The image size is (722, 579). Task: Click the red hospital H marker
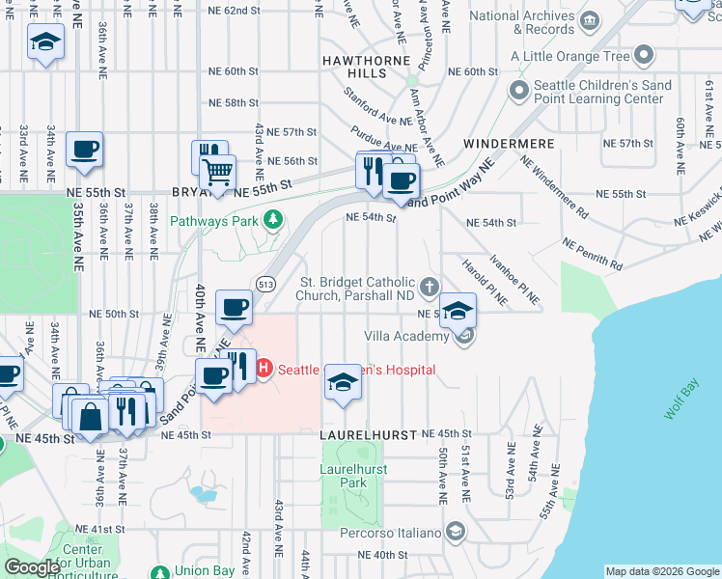[263, 369]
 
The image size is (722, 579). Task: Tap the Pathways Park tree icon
[274, 220]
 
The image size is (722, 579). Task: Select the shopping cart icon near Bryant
[217, 173]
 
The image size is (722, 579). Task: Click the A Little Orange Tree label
[577, 56]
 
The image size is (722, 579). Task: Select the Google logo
[32, 567]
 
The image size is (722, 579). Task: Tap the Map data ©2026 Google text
[661, 571]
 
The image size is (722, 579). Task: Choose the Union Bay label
[204, 570]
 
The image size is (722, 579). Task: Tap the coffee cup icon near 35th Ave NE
[84, 149]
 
